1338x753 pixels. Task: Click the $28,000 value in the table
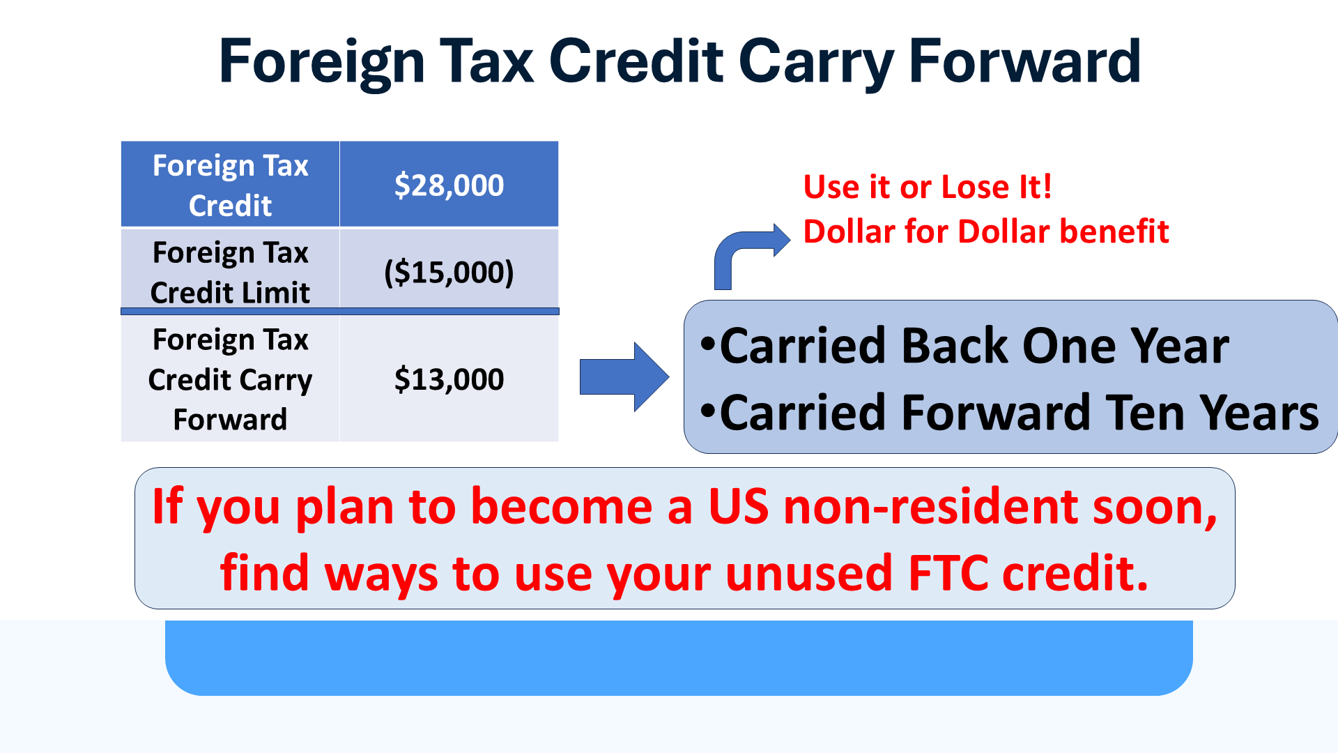(449, 185)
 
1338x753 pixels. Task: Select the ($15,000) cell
(449, 272)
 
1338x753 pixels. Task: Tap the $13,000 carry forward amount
(449, 379)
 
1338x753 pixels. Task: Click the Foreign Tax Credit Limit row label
(230, 272)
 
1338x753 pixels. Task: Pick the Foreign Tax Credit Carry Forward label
(230, 379)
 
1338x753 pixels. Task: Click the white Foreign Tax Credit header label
(230, 185)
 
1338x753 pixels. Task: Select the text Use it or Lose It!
(927, 187)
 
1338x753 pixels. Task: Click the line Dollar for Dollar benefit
(985, 231)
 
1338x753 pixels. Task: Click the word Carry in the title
(815, 63)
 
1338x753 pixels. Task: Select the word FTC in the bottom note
(948, 573)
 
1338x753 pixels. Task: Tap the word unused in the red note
(808, 573)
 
